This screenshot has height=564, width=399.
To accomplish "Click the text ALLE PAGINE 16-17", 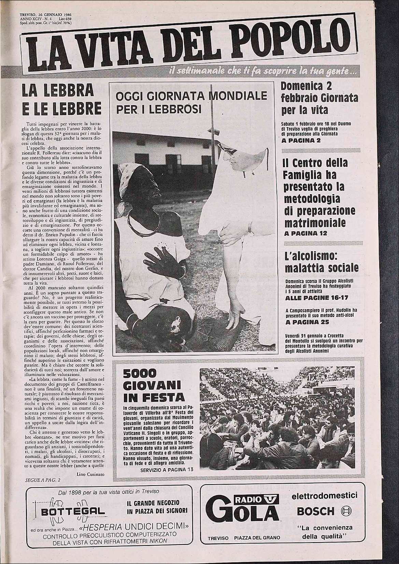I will pyautogui.click(x=316, y=298).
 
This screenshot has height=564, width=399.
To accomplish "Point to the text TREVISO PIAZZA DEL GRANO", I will pyautogui.click(x=244, y=537).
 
